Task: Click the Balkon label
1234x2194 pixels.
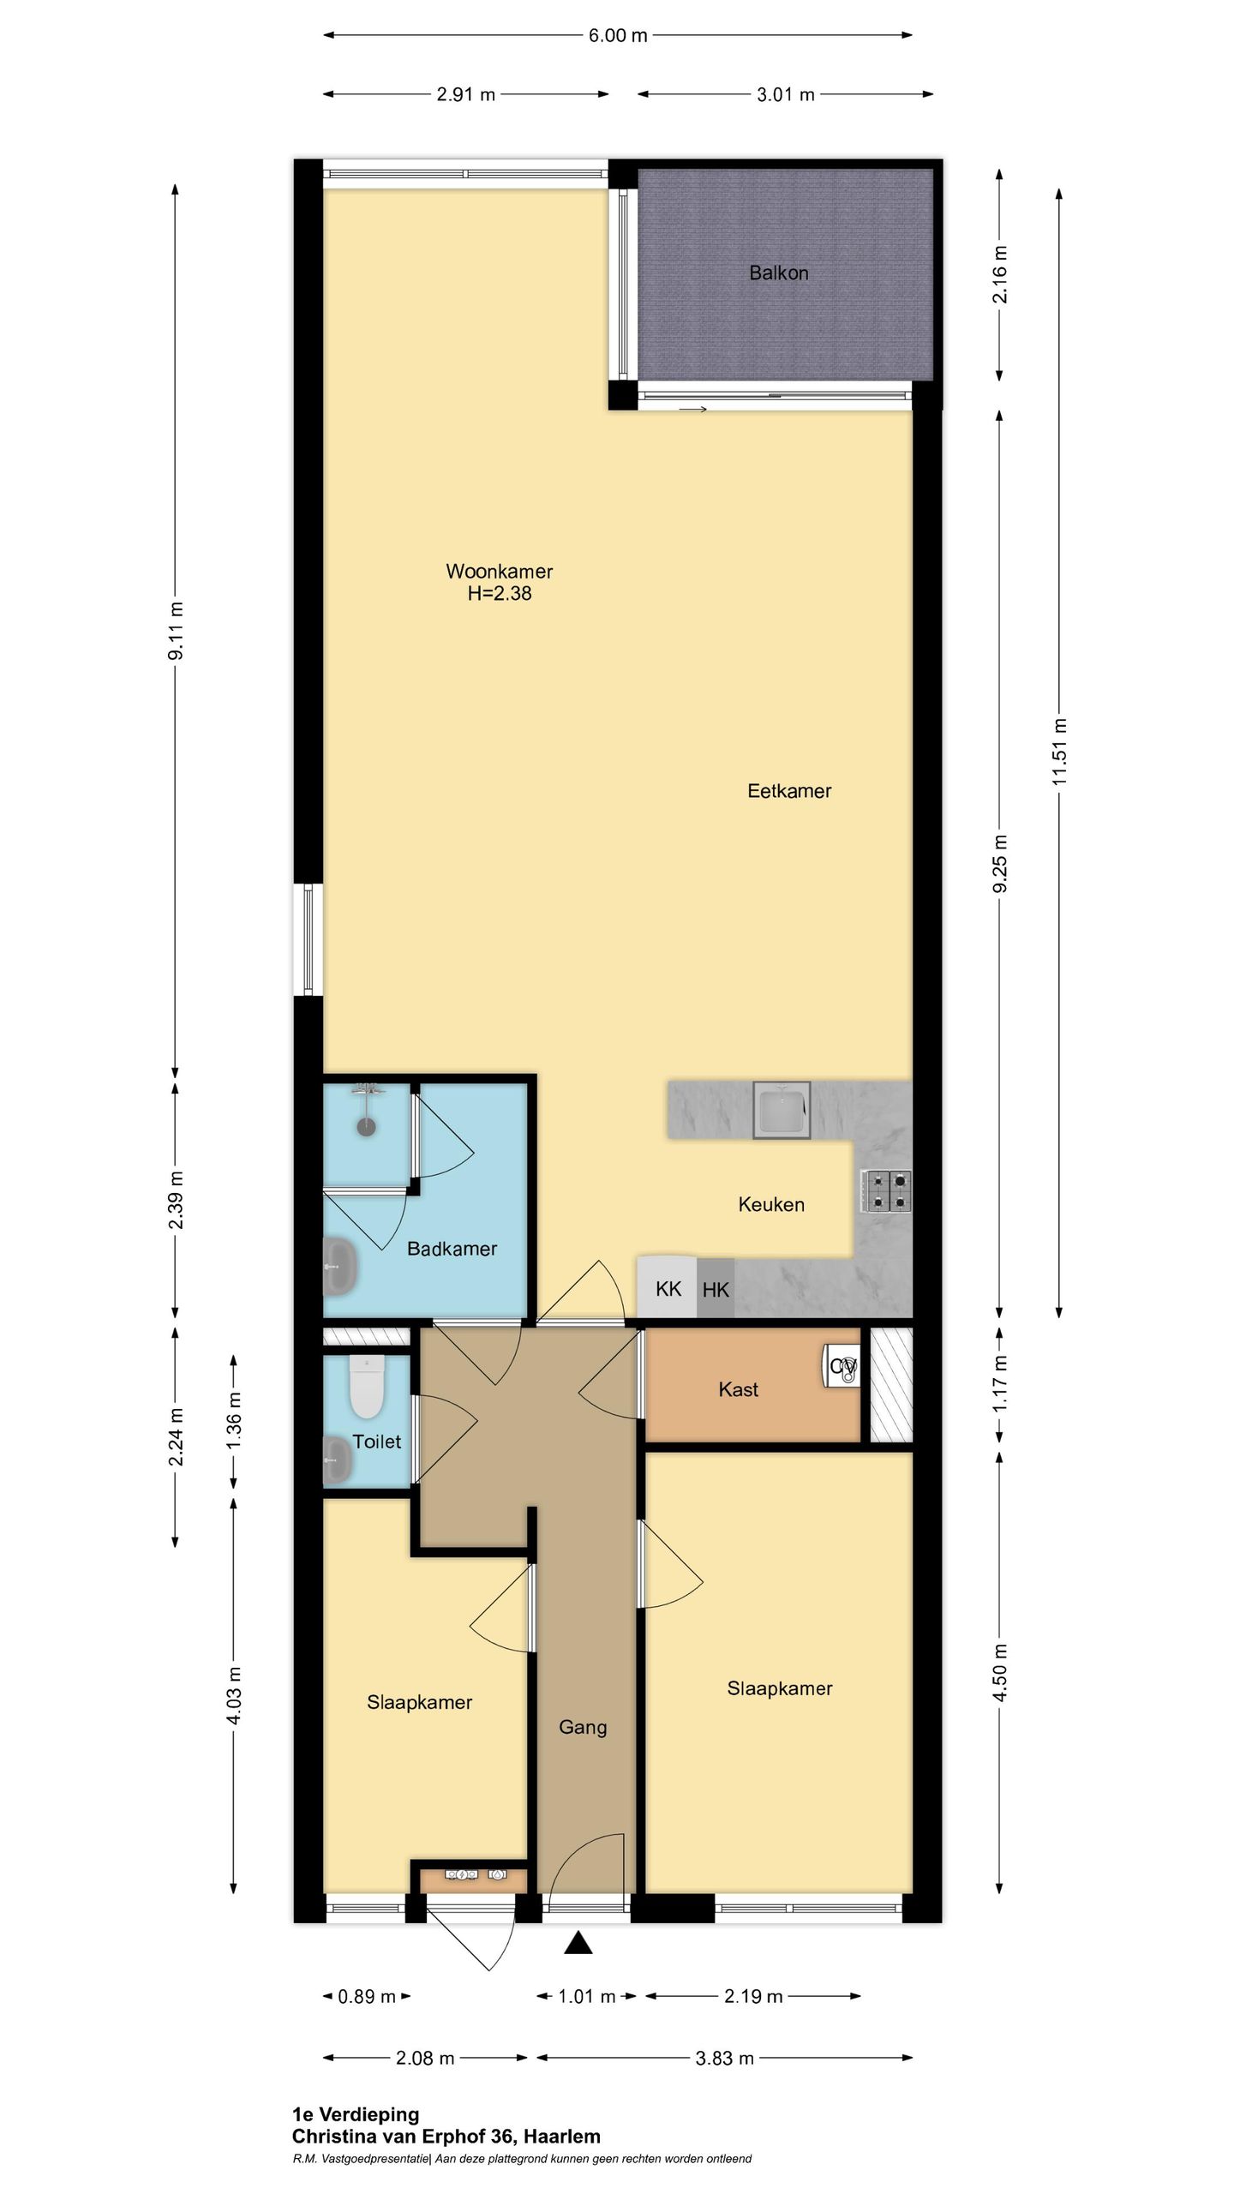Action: tap(778, 273)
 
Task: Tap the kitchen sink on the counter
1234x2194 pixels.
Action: tap(782, 1110)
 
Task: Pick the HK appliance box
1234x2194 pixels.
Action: tap(716, 1289)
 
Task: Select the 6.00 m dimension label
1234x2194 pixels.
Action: tap(618, 36)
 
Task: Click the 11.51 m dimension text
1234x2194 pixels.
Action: tap(1060, 752)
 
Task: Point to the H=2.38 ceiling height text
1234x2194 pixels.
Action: tap(500, 593)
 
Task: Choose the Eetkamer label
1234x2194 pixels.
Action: tap(789, 791)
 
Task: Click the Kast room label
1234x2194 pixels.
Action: tap(739, 1389)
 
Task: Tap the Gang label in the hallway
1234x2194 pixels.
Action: tap(583, 1727)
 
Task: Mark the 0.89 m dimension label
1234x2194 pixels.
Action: tap(367, 1997)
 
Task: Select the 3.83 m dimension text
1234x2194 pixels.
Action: tap(724, 2059)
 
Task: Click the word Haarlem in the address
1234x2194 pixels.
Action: tap(562, 2137)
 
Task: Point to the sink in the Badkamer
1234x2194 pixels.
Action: tap(341, 1265)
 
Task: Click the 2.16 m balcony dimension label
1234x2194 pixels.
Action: tap(1000, 274)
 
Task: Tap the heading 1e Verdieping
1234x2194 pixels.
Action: tap(356, 2115)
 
